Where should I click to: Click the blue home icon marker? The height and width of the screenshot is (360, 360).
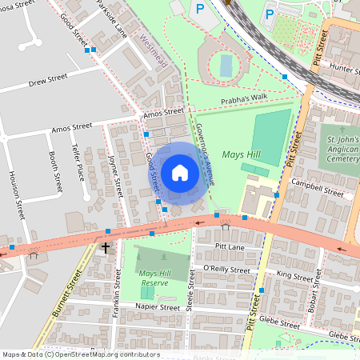pos(180,173)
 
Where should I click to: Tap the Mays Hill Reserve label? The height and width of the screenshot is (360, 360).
pos(157,278)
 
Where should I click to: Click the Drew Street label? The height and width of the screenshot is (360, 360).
pos(49,82)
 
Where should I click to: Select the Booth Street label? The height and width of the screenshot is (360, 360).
pos(54,172)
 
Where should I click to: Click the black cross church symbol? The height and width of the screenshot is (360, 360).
pos(105,248)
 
